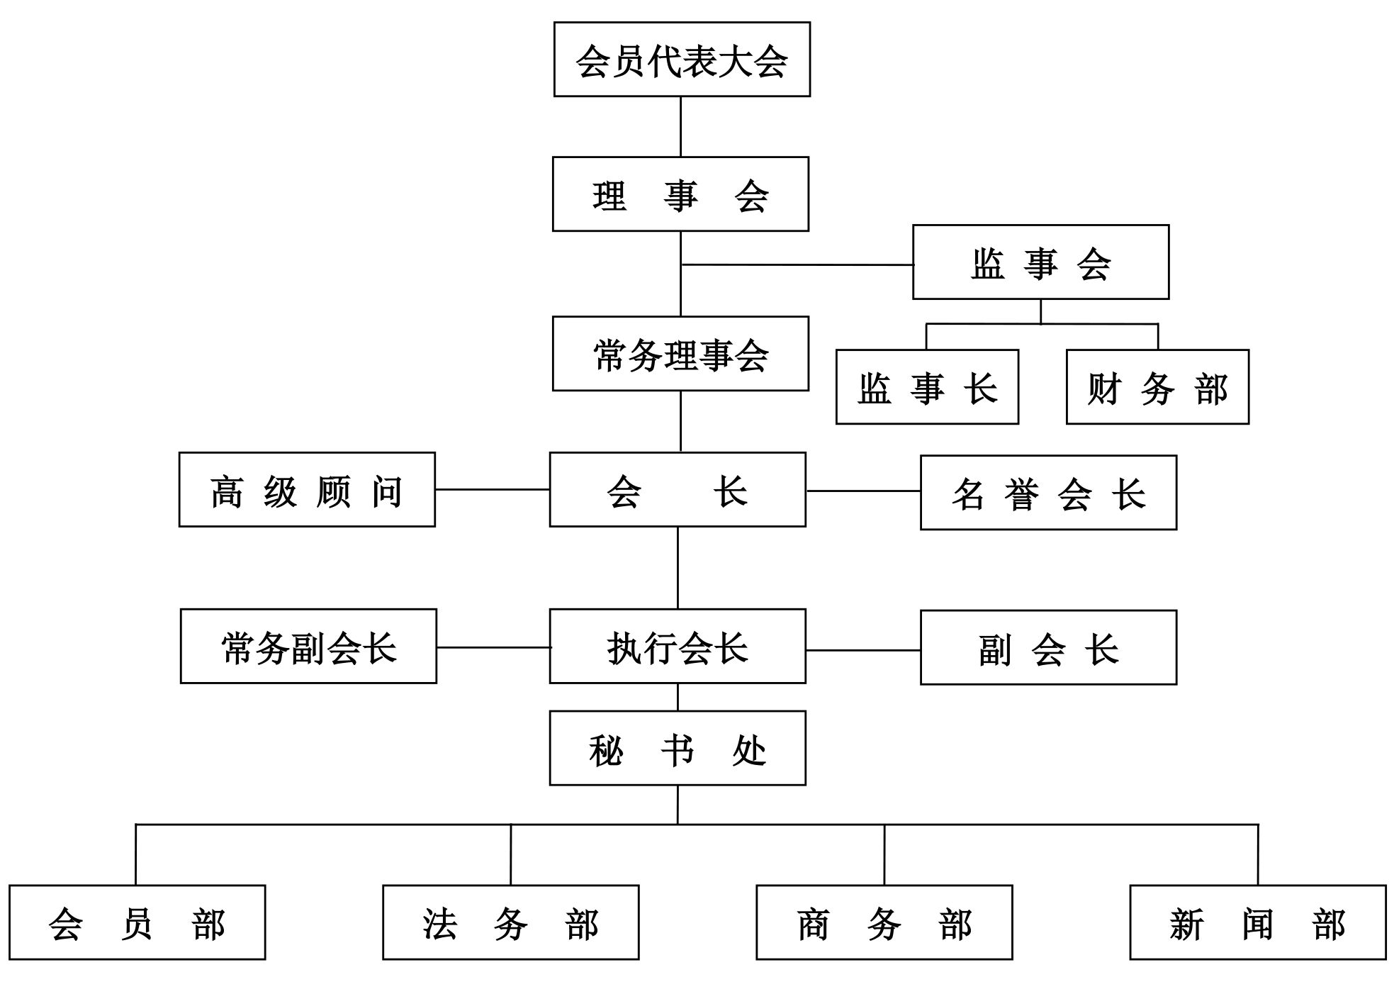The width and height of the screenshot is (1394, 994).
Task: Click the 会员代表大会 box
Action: point(682,60)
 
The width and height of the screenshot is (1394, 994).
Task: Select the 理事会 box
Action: point(680,194)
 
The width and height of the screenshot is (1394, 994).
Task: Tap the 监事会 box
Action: point(1040,262)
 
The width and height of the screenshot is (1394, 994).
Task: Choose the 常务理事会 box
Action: point(680,354)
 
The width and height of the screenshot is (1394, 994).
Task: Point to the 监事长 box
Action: point(927,387)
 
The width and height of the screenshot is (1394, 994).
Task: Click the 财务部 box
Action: point(1157,387)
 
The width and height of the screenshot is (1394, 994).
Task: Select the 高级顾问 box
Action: point(307,490)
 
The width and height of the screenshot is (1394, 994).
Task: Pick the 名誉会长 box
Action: point(1048,493)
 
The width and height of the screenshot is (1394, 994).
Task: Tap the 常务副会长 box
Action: point(308,647)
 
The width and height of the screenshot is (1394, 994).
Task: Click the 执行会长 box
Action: point(678,647)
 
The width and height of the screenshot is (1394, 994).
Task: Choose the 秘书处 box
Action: point(678,748)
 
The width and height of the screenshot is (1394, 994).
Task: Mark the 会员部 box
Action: point(137,922)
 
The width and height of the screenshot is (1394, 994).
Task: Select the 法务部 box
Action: point(510,922)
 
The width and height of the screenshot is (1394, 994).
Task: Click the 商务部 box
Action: point(884,922)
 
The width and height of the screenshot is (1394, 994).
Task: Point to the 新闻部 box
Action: point(1258,922)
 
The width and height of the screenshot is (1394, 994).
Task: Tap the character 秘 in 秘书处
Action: point(606,750)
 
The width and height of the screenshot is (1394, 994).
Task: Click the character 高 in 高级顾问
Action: point(227,492)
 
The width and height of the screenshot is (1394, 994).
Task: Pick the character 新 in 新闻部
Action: point(1186,925)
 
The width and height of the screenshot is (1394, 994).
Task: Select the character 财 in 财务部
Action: point(1104,389)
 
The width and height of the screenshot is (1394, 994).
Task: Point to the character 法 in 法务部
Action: point(439,925)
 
